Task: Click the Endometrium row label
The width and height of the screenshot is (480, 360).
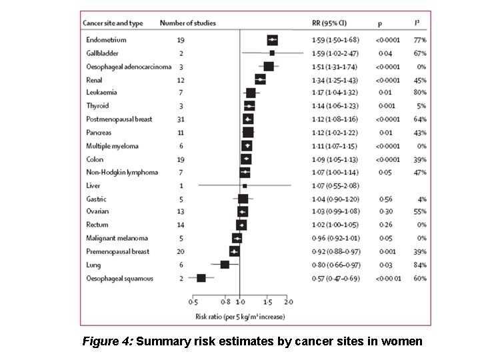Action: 106,40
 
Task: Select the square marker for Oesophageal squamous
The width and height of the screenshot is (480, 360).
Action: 201,278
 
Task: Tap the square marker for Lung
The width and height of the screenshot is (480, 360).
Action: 225,265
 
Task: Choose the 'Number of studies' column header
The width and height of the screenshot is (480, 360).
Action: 188,23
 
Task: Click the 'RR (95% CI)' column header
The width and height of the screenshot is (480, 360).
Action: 329,23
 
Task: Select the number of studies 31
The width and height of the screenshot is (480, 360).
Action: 181,119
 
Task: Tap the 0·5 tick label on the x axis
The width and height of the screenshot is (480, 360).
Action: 193,301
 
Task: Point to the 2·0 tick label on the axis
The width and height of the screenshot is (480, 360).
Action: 290,301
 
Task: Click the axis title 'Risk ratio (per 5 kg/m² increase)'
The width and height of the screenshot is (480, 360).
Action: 240,315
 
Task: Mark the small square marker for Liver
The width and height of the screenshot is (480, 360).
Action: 245,186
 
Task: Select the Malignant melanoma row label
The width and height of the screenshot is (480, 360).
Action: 117,238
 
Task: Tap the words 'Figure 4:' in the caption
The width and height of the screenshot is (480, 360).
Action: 107,341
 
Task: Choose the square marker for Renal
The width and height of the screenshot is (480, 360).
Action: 261,79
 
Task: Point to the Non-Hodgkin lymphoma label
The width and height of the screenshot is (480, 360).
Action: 122,172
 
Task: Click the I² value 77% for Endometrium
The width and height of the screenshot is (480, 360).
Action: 419,40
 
